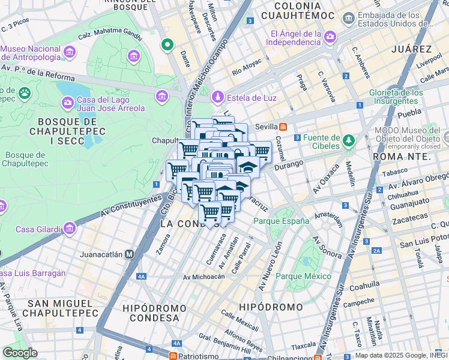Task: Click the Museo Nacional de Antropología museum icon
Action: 70,52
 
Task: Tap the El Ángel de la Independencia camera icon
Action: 330,38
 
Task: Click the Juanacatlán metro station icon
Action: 129,254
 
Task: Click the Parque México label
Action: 303,276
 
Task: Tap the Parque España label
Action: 281,221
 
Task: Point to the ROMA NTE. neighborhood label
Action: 401,156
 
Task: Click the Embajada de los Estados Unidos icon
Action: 349,19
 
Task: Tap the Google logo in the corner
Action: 20,352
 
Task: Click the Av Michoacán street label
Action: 204,277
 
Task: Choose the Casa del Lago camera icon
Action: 67,103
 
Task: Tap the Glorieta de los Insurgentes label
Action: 397,97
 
